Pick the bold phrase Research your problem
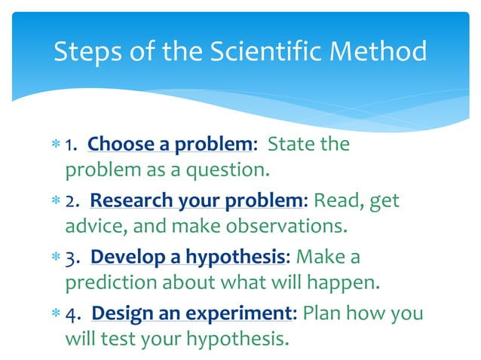click(198, 201)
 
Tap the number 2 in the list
click(70, 202)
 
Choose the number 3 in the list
click(71, 258)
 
